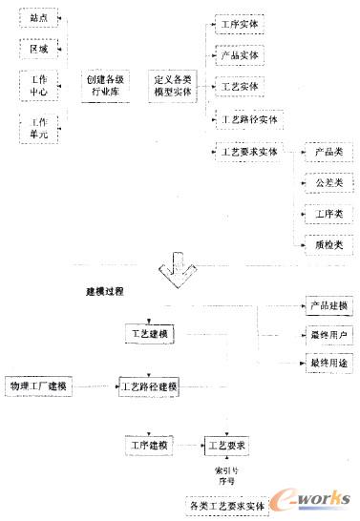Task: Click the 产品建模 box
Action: (x=328, y=306)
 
